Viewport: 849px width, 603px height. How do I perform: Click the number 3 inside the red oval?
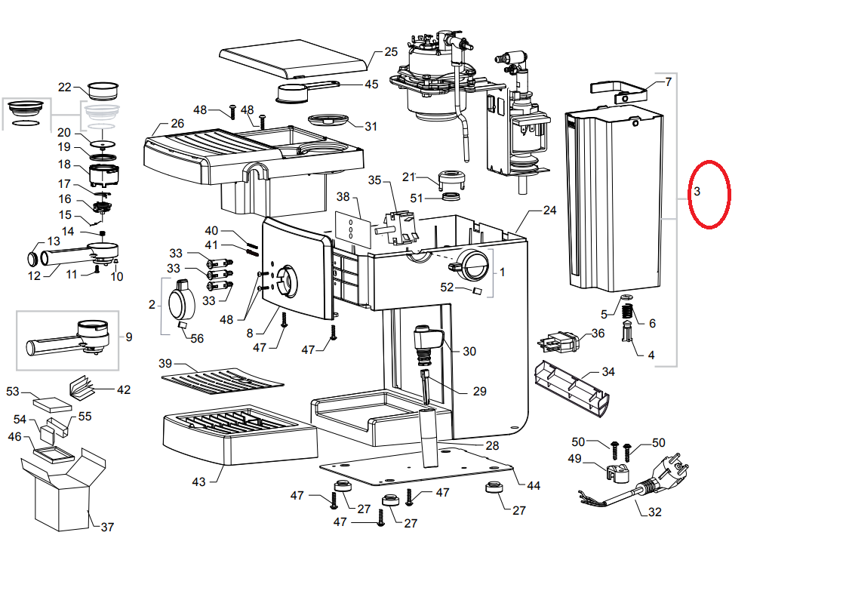(697, 192)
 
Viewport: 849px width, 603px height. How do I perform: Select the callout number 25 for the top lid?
(390, 52)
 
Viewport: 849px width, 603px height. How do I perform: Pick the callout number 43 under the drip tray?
(198, 481)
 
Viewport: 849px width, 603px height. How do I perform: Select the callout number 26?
(177, 123)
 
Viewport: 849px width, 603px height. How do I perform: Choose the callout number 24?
(549, 211)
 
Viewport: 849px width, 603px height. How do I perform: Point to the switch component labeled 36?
(561, 343)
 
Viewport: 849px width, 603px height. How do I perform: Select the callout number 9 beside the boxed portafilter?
(128, 337)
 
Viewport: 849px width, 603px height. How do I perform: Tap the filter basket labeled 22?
(104, 91)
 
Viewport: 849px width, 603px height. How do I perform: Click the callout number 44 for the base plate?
(534, 485)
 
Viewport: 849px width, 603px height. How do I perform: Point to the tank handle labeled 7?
(620, 91)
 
